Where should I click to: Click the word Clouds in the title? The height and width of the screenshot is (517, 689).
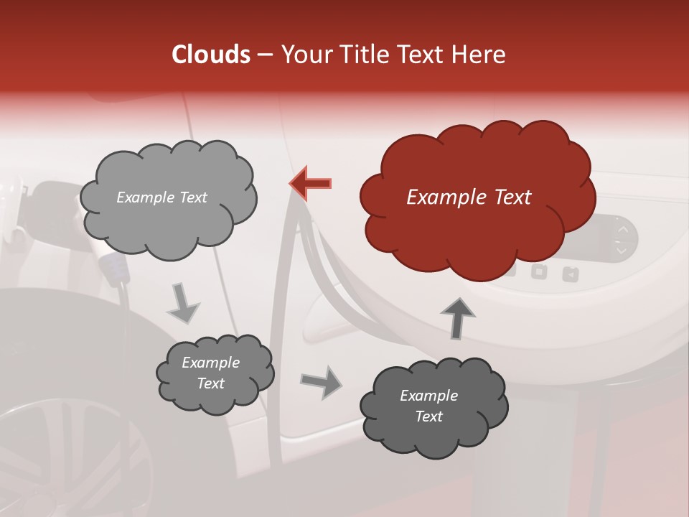coord(210,55)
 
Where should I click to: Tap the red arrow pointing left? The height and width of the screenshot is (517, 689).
coord(311,183)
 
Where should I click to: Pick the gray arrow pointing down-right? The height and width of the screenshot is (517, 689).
coord(184,303)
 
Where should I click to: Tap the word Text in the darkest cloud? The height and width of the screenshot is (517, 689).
coord(428,416)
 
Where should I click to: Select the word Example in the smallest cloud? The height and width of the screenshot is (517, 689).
coord(210,363)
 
